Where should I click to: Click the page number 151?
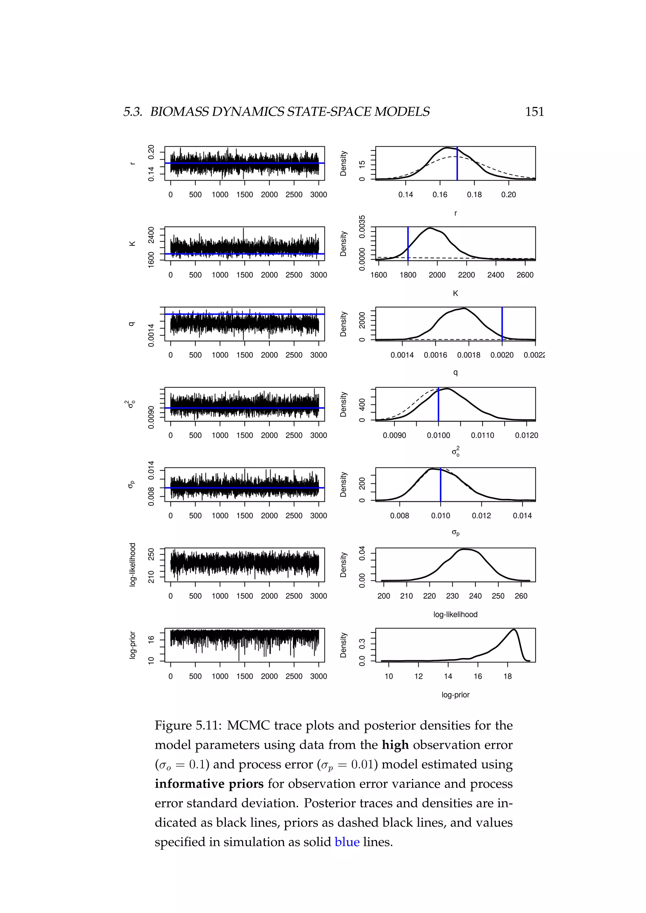coord(534,112)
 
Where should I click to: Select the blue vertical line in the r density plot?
coord(457,163)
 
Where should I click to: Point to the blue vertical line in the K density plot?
coord(408,243)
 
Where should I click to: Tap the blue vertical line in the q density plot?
coord(502,324)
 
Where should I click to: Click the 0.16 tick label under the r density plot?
coord(440,195)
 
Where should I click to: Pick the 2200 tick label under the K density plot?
coord(466,275)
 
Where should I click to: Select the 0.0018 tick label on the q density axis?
coord(469,355)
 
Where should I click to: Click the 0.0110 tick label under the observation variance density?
coord(483,435)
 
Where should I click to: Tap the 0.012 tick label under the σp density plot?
coord(481,516)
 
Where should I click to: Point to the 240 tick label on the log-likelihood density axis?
coord(475,596)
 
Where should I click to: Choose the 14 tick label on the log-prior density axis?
coord(448,677)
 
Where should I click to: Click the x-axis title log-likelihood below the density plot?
coord(455,614)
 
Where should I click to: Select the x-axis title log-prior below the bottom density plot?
coord(455,695)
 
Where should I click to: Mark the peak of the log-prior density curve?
coord(514,630)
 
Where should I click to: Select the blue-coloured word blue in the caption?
coord(347,842)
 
